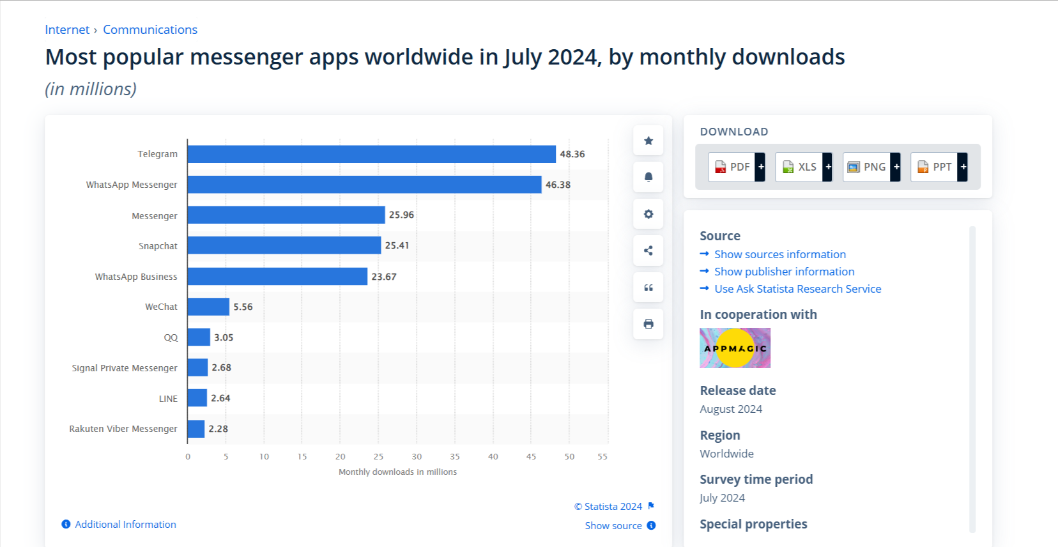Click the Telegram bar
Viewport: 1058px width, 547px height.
pos(371,154)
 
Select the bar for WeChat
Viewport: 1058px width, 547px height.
pos(208,307)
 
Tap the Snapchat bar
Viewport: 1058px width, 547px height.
pos(284,245)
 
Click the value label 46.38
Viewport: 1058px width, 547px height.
pos(558,185)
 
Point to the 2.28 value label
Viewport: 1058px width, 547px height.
pos(218,429)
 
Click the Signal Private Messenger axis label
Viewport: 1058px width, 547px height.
pos(125,368)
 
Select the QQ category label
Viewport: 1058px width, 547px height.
pos(171,337)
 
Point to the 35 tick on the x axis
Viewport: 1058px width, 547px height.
pos(455,456)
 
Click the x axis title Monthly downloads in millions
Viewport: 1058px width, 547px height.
pos(397,472)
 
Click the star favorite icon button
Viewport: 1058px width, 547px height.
pos(648,141)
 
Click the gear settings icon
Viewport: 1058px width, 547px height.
pos(648,214)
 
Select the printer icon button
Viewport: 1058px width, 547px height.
pos(648,324)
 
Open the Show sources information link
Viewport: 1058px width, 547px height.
pos(779,254)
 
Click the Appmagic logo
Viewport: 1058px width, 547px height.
pos(735,348)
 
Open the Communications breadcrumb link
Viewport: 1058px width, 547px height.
pos(150,30)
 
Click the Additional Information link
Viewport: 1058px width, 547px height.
pos(125,524)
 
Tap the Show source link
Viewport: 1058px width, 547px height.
pos(613,525)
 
